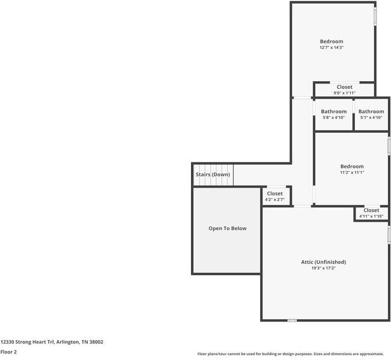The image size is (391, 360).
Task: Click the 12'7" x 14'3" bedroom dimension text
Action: tap(332, 47)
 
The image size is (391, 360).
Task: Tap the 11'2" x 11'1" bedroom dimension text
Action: tap(352, 172)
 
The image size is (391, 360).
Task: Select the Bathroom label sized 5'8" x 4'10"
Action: tap(334, 112)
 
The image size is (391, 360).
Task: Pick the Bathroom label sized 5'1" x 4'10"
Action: tap(371, 112)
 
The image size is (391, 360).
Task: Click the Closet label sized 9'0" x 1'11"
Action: tap(345, 87)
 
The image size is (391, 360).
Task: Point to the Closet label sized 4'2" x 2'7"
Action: tap(275, 194)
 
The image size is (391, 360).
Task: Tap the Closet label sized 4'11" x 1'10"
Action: tap(371, 210)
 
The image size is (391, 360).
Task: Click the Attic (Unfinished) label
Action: tap(323, 262)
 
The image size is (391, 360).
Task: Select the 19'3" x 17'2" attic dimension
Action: tap(323, 268)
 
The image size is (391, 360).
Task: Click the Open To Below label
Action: tap(228, 228)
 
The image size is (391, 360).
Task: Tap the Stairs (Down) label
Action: tap(213, 174)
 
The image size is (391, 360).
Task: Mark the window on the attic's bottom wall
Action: tap(292, 320)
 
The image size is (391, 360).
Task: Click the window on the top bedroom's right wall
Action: tap(375, 16)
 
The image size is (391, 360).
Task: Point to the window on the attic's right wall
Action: tap(389, 234)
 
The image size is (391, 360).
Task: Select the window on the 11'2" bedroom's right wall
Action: tap(389, 146)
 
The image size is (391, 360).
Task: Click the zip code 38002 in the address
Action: tap(96, 342)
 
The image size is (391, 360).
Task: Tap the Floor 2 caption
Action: tap(8, 352)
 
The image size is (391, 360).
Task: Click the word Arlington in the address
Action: tap(68, 343)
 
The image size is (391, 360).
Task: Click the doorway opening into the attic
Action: tap(302, 206)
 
